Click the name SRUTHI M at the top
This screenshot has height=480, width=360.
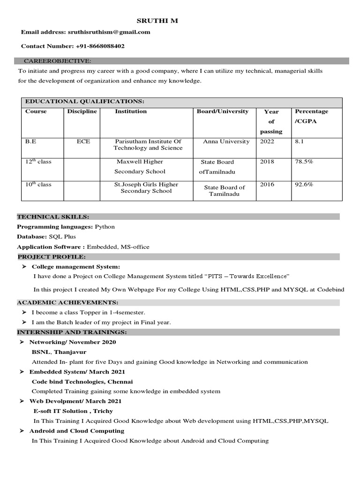click(x=157, y=21)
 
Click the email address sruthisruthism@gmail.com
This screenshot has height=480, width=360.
click(x=112, y=32)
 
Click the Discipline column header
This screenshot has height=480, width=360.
click(x=82, y=112)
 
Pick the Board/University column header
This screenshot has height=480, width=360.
click(x=223, y=112)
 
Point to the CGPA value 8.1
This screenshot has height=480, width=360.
click(x=300, y=141)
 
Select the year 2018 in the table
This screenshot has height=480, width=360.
click(x=267, y=161)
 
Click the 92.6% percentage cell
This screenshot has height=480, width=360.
click(x=304, y=184)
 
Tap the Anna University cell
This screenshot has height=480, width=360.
click(x=226, y=141)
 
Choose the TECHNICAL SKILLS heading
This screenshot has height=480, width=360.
click(x=53, y=217)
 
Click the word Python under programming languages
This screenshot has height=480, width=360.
click(x=105, y=226)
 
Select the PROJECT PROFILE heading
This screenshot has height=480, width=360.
click(x=52, y=257)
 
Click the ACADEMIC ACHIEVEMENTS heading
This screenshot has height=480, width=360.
click(x=67, y=303)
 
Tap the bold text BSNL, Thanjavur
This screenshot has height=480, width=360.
click(x=59, y=352)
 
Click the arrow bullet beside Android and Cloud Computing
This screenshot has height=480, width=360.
click(x=22, y=431)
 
